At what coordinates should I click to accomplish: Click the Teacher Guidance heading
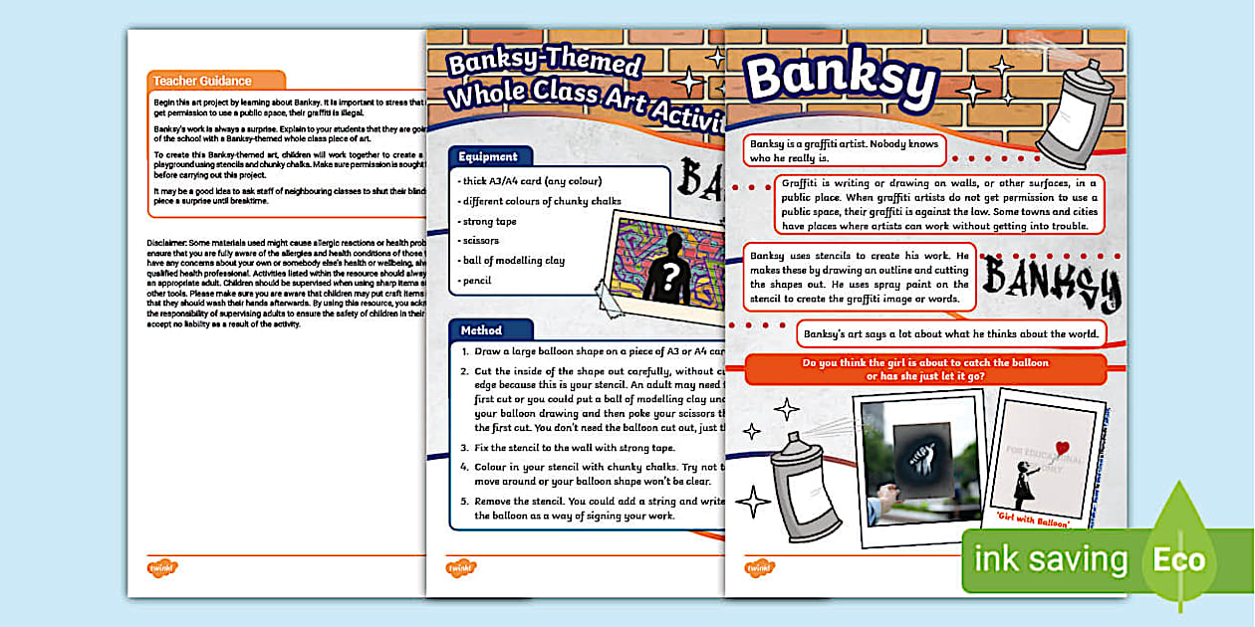click(202, 81)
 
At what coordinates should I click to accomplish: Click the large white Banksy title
click(842, 79)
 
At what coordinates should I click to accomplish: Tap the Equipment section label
click(488, 156)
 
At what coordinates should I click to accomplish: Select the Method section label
click(482, 329)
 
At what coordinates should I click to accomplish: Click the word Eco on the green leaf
click(1179, 558)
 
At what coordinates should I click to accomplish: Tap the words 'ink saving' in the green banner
click(1050, 559)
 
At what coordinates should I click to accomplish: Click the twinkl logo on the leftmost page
click(162, 568)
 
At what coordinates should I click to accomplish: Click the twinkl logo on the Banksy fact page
click(760, 568)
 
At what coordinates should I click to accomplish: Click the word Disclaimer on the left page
click(171, 243)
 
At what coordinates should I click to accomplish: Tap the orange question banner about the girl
click(925, 369)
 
